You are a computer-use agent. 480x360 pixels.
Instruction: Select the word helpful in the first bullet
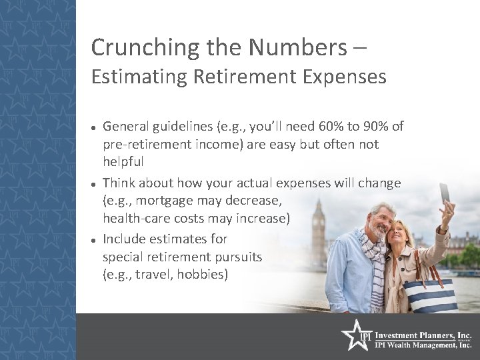coord(123,163)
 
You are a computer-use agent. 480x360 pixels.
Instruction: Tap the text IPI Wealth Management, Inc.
coord(422,345)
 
